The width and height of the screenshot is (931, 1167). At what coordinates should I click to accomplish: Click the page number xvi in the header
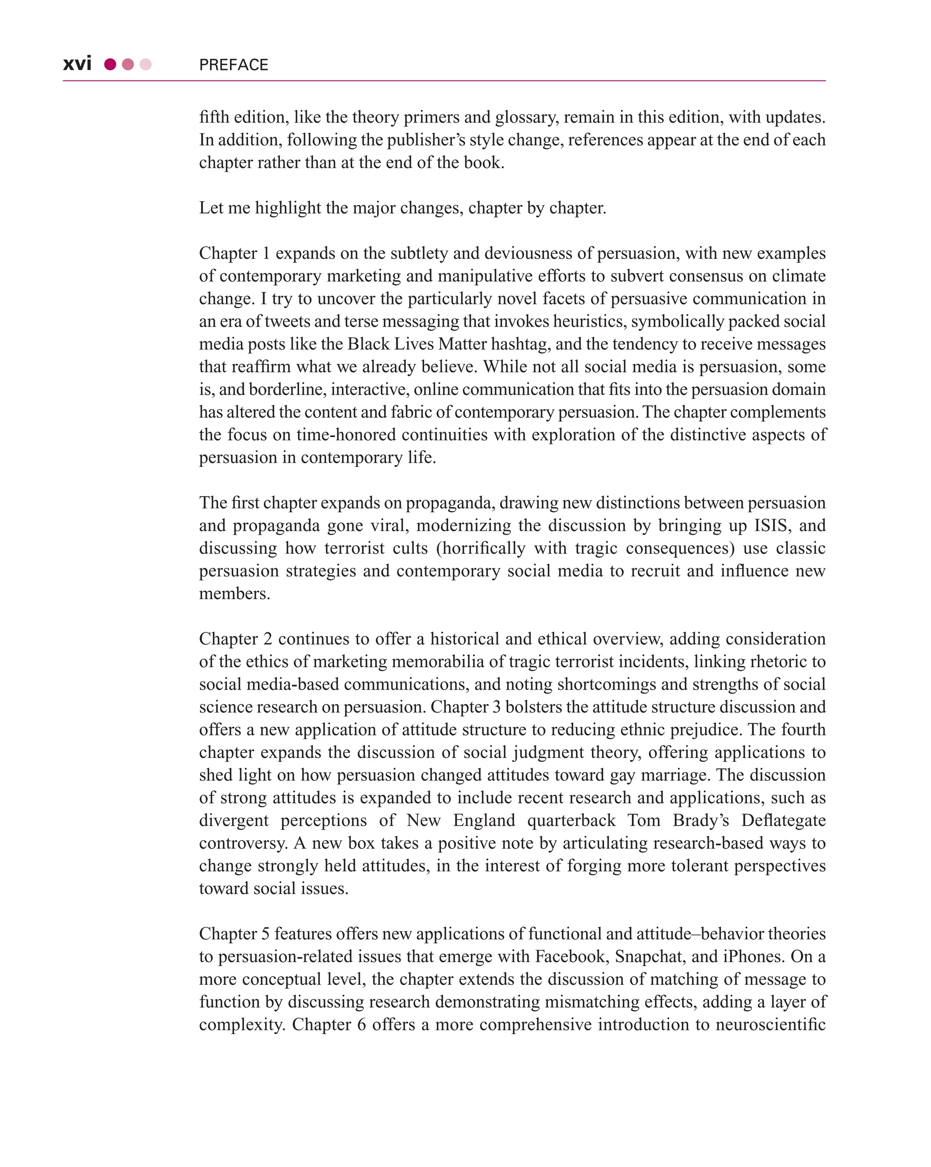(x=77, y=64)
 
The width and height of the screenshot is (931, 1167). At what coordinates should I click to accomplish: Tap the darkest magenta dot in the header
(x=110, y=65)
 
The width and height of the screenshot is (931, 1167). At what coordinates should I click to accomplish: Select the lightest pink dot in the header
(x=145, y=65)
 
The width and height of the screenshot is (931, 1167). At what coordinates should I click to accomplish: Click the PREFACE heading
(x=233, y=65)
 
